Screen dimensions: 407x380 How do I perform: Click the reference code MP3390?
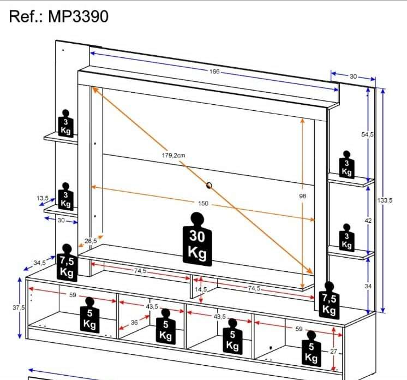point(78,16)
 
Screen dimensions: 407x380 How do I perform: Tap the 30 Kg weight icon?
point(197,239)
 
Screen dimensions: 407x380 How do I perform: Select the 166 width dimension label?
point(214,71)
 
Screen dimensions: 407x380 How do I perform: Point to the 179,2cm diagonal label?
point(173,155)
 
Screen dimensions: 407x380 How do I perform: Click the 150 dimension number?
point(203,204)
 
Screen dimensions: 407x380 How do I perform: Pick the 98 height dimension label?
point(303,196)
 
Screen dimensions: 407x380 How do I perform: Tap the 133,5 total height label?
point(385,200)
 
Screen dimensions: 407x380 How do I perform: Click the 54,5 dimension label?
point(368,134)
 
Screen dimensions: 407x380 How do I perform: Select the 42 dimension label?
point(368,221)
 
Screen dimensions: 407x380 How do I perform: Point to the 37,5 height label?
point(19,307)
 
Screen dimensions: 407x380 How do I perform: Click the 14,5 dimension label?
point(201,289)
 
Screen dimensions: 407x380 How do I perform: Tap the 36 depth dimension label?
point(134,323)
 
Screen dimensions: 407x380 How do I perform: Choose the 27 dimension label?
point(333,352)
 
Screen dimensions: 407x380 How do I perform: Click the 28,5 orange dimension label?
point(91,241)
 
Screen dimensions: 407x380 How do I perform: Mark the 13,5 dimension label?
point(43,198)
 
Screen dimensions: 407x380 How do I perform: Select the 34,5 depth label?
point(39,263)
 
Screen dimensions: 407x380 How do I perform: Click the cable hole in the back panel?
point(209,186)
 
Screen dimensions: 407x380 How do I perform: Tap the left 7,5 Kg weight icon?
point(67,263)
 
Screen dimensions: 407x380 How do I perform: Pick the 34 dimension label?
point(368,286)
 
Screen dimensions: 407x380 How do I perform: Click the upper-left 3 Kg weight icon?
point(65,123)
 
